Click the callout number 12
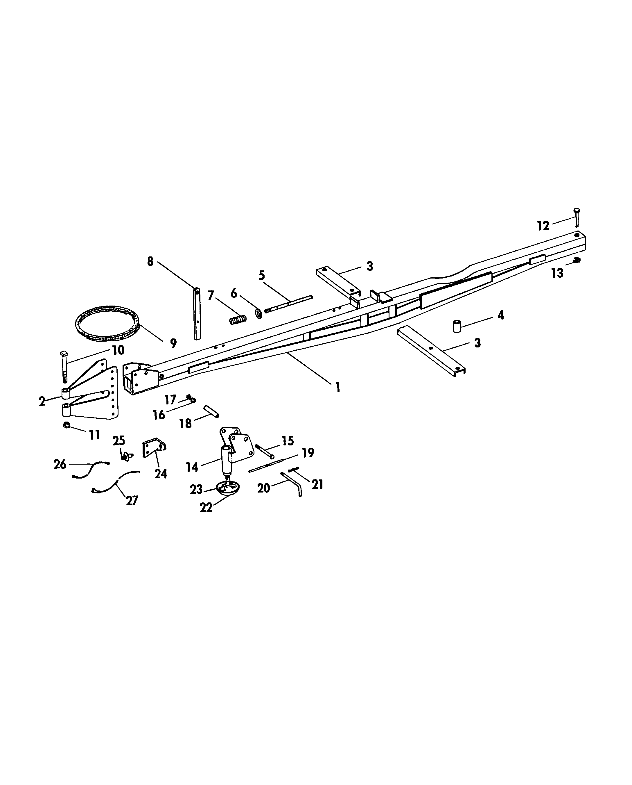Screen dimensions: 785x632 tap(543, 226)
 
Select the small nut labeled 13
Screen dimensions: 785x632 tap(576, 260)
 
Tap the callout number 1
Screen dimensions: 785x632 tap(338, 387)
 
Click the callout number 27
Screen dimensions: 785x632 tap(132, 500)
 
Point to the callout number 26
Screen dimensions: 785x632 tap(60, 464)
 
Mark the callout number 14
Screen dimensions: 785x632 tap(192, 467)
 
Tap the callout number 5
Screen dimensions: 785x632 tap(261, 275)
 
